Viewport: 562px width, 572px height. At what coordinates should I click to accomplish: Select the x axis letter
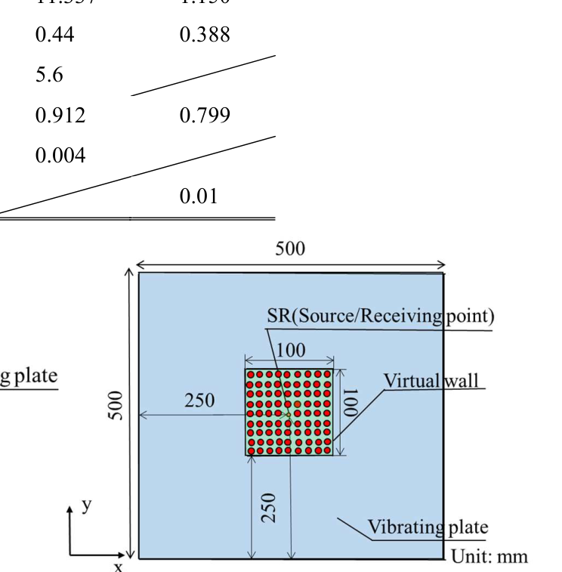point(117,564)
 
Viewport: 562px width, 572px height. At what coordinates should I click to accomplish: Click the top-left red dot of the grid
point(252,374)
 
